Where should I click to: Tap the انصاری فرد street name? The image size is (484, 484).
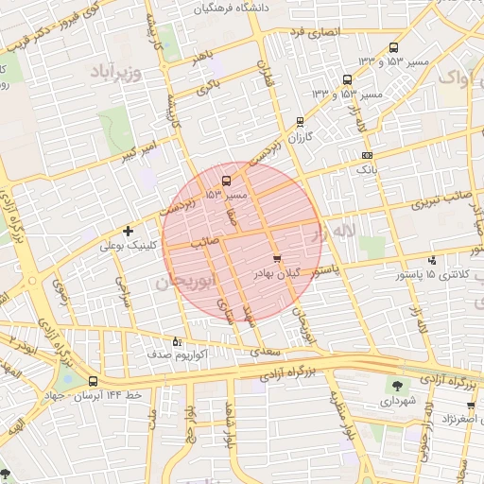pyautogui.click(x=313, y=33)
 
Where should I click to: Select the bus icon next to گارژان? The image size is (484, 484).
pyautogui.click(x=300, y=122)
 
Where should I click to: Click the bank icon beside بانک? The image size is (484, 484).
pyautogui.click(x=368, y=155)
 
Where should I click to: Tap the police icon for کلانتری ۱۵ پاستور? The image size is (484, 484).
pyautogui.click(x=432, y=260)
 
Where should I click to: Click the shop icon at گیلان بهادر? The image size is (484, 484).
pyautogui.click(x=276, y=257)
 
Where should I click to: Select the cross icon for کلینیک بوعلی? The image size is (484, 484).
pyautogui.click(x=129, y=231)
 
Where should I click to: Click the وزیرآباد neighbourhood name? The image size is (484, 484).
pyautogui.click(x=116, y=72)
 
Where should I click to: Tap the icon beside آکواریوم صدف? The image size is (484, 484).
pyautogui.click(x=177, y=341)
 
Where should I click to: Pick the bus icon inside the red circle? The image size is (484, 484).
pyautogui.click(x=226, y=181)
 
